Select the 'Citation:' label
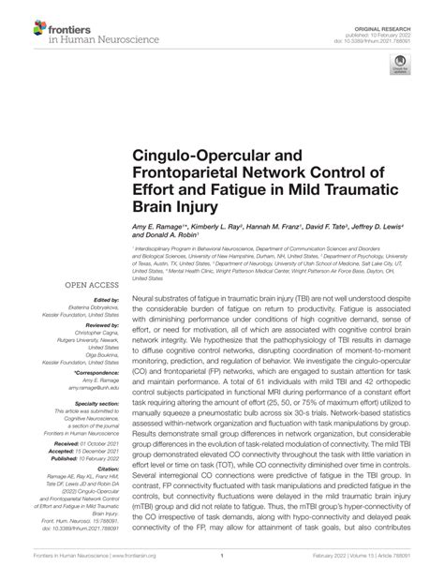(x=100, y=494)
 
